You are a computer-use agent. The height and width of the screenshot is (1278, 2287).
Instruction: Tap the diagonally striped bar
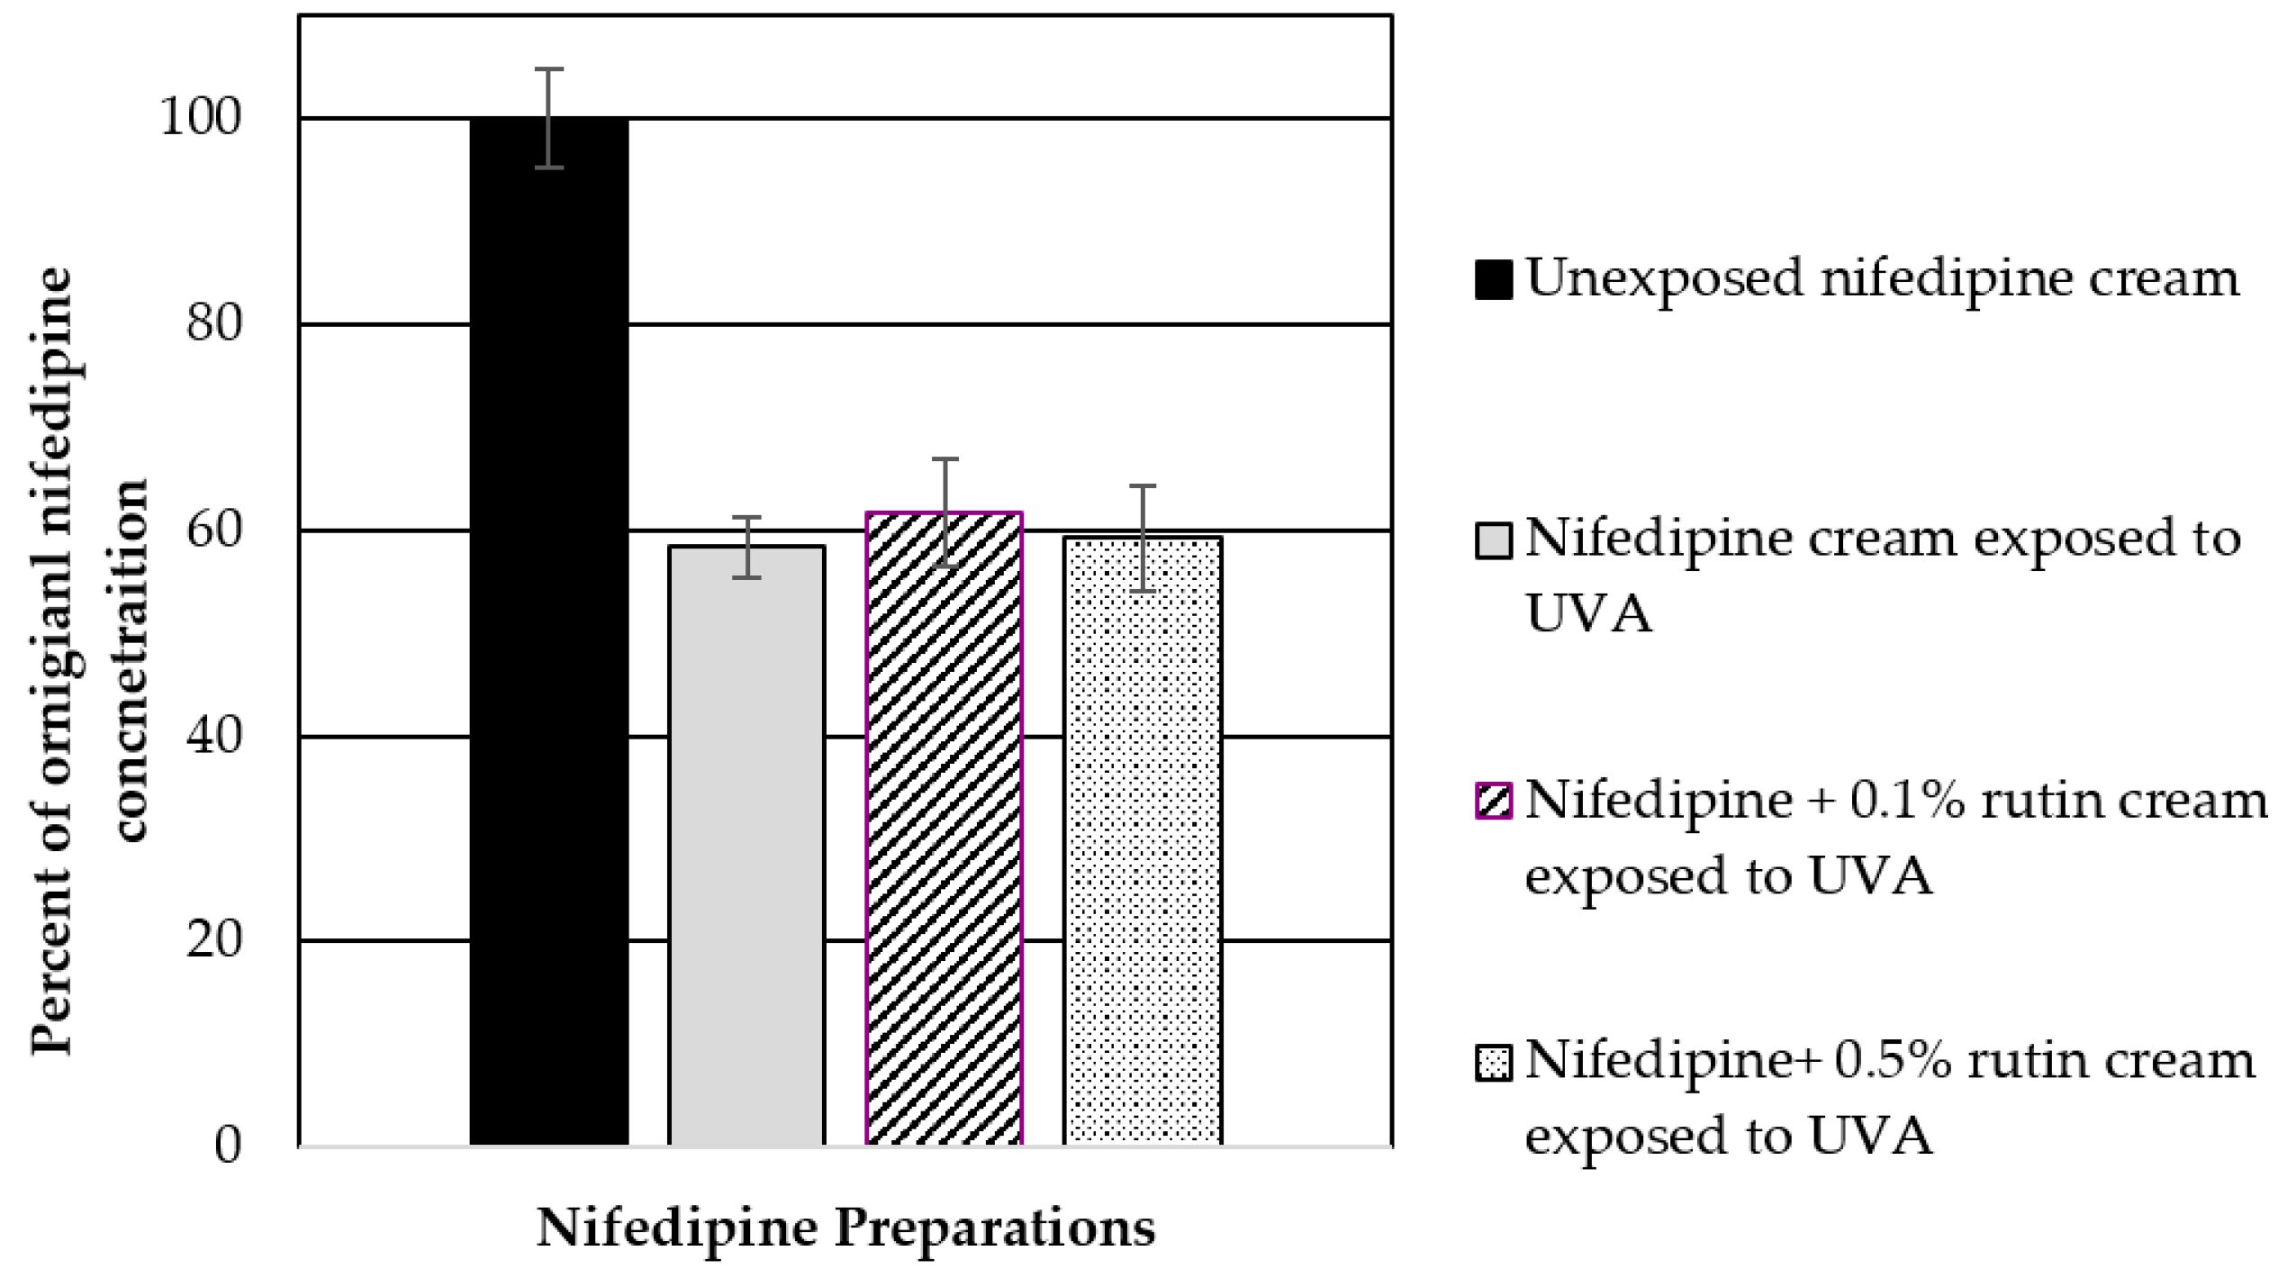(x=944, y=829)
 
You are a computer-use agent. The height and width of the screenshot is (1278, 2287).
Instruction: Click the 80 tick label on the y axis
(x=214, y=324)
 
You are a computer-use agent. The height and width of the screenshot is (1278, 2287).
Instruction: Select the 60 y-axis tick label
(x=214, y=530)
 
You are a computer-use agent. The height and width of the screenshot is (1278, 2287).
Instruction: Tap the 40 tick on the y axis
(x=214, y=737)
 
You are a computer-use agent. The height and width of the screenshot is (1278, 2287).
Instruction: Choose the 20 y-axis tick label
(x=214, y=940)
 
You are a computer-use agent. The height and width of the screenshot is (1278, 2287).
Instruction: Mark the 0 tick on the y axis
(x=228, y=1147)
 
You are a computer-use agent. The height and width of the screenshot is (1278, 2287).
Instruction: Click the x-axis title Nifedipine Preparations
(x=845, y=1228)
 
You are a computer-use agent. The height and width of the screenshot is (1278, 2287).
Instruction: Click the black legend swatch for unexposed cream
(x=1493, y=280)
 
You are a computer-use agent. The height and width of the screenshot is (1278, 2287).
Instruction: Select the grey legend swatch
(x=1493, y=541)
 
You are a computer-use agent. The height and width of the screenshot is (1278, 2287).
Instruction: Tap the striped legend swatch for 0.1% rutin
(x=1493, y=801)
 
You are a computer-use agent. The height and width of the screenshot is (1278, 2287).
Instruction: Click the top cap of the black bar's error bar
(x=548, y=69)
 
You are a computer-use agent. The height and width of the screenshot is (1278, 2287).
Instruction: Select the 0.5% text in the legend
(x=1892, y=1062)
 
